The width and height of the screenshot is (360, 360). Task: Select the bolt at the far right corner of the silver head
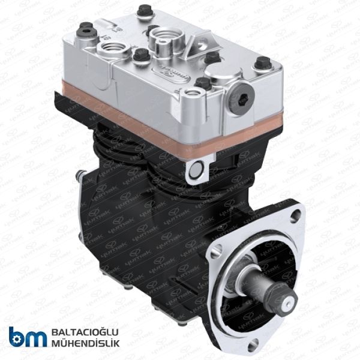coord(263,62)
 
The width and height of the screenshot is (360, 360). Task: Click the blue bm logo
coord(28,336)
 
